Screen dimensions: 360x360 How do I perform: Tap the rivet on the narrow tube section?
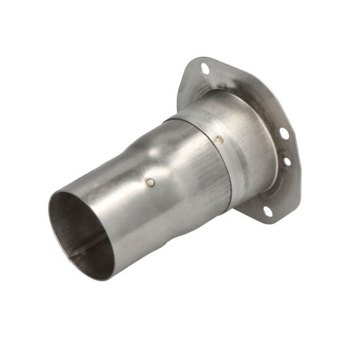pyautogui.click(x=151, y=183)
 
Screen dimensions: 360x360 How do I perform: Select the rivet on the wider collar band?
pyautogui.click(x=219, y=139)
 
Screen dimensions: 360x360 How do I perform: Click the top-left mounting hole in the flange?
pyautogui.click(x=205, y=67)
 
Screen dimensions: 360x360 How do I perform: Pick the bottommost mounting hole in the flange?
pyautogui.click(x=267, y=211)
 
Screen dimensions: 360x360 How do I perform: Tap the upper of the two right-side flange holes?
pyautogui.click(x=283, y=134)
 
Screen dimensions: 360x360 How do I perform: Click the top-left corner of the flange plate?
pyautogui.click(x=190, y=62)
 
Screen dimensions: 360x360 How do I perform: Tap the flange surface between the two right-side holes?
pyautogui.click(x=286, y=147)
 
